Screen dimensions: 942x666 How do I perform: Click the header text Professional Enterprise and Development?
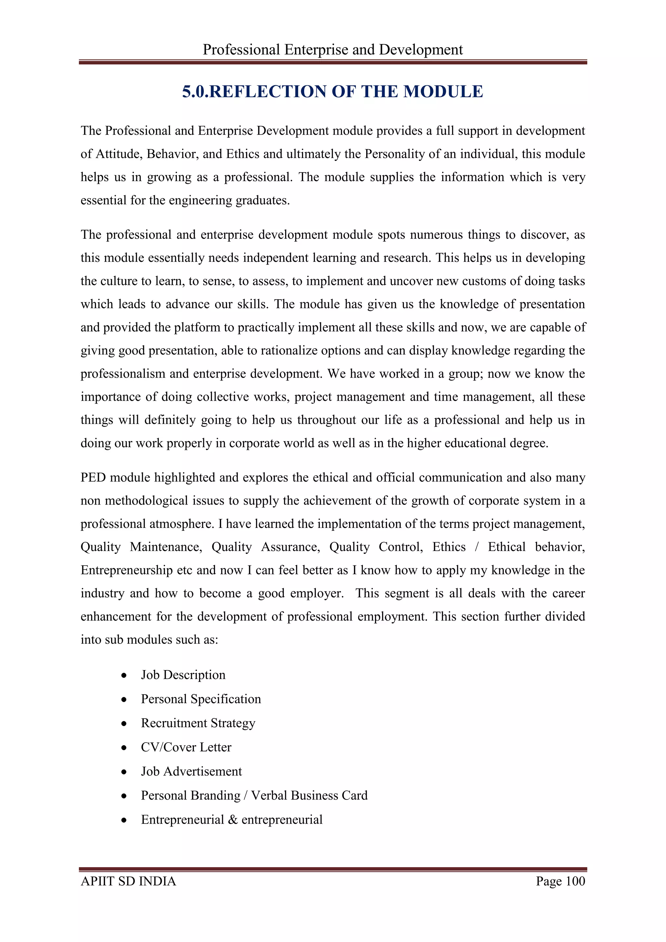[333, 50]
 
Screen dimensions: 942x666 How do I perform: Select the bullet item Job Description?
[183, 675]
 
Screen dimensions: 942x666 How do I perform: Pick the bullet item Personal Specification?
[201, 699]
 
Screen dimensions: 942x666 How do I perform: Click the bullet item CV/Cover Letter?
[186, 747]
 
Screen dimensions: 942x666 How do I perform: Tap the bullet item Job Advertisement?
[191, 771]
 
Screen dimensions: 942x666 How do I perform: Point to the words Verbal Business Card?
[309, 796]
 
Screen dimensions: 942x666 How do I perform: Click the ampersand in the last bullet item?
[233, 820]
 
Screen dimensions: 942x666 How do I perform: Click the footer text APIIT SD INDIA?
[128, 881]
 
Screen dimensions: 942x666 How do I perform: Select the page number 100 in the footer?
[575, 881]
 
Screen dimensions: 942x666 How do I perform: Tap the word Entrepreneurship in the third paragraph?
[126, 570]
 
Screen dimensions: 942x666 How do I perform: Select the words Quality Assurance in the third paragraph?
[265, 547]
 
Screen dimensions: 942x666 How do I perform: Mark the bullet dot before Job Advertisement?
[124, 772]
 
